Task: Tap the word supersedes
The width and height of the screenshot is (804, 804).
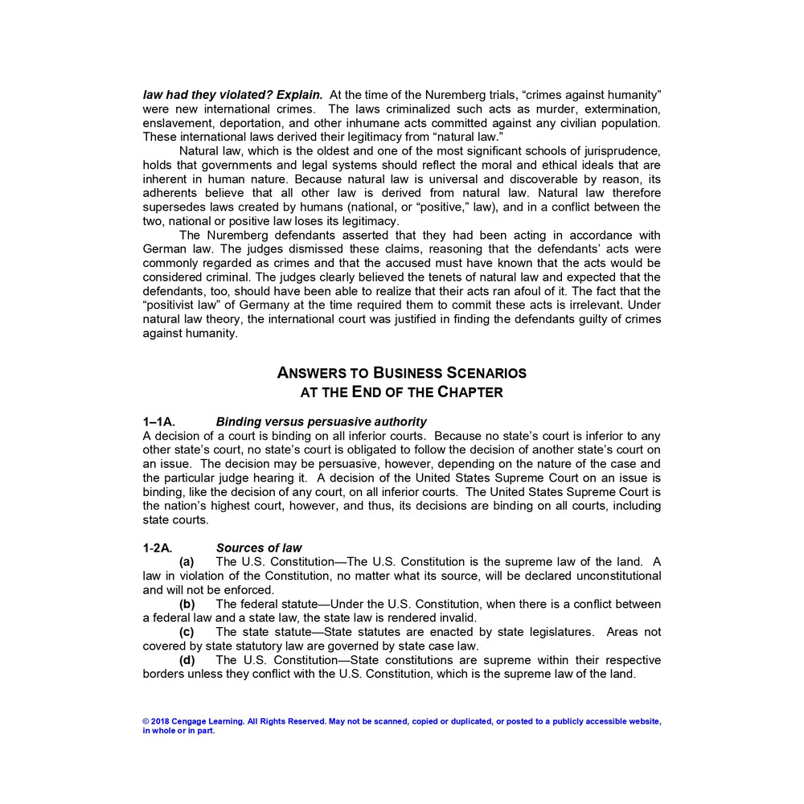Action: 174,207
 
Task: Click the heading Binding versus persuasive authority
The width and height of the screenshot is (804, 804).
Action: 321,422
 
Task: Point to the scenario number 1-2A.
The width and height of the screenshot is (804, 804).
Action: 158,548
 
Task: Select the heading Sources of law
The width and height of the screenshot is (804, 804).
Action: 259,548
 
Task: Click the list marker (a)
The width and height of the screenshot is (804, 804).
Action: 187,562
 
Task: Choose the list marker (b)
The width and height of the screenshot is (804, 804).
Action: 187,604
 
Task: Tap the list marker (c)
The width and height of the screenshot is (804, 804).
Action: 187,632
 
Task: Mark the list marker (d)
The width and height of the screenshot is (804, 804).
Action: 187,660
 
